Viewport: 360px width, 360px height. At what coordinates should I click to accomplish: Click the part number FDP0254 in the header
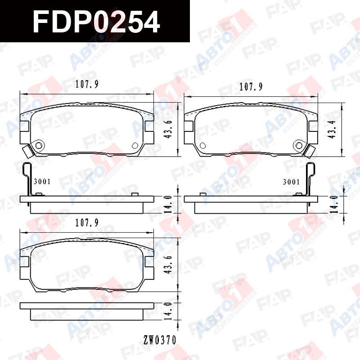click(96, 22)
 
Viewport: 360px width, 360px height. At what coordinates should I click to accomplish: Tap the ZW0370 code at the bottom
click(160, 340)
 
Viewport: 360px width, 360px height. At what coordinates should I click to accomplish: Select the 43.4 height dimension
click(332, 129)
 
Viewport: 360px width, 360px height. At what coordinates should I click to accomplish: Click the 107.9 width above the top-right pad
click(251, 87)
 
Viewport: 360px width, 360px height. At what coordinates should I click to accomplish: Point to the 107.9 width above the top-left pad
click(87, 84)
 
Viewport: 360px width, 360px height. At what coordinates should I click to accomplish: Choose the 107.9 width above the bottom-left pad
click(87, 223)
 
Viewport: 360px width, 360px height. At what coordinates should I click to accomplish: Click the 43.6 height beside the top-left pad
click(168, 129)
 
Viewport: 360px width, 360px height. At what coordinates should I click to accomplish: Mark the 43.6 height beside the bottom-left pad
click(168, 265)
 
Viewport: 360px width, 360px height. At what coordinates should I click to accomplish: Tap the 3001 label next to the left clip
click(42, 182)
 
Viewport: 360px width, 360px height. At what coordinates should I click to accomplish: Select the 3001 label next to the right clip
click(291, 182)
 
